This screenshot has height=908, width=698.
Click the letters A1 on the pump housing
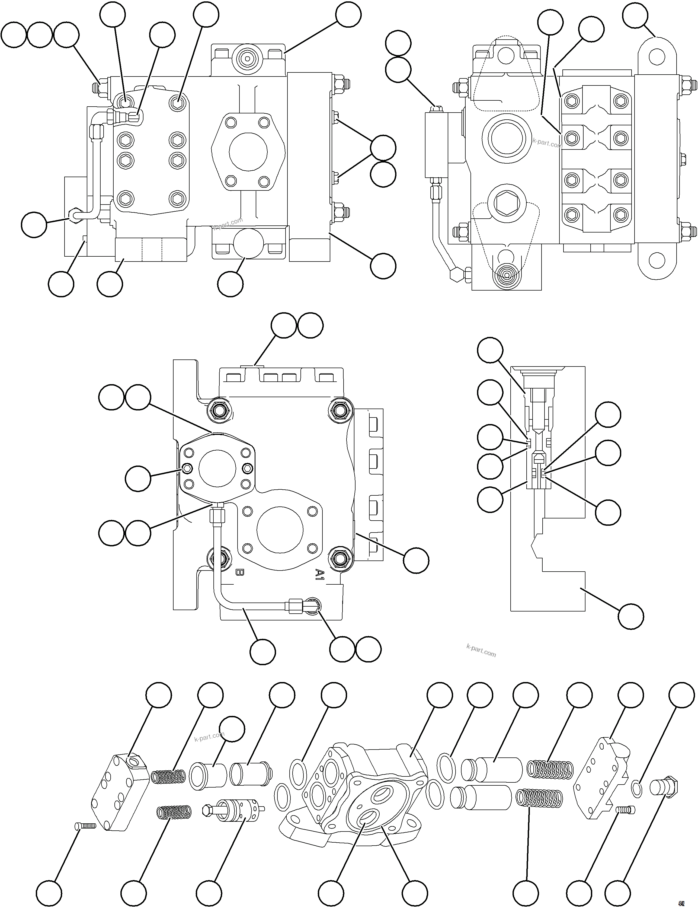319,574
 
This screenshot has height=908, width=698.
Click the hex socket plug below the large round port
507,205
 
